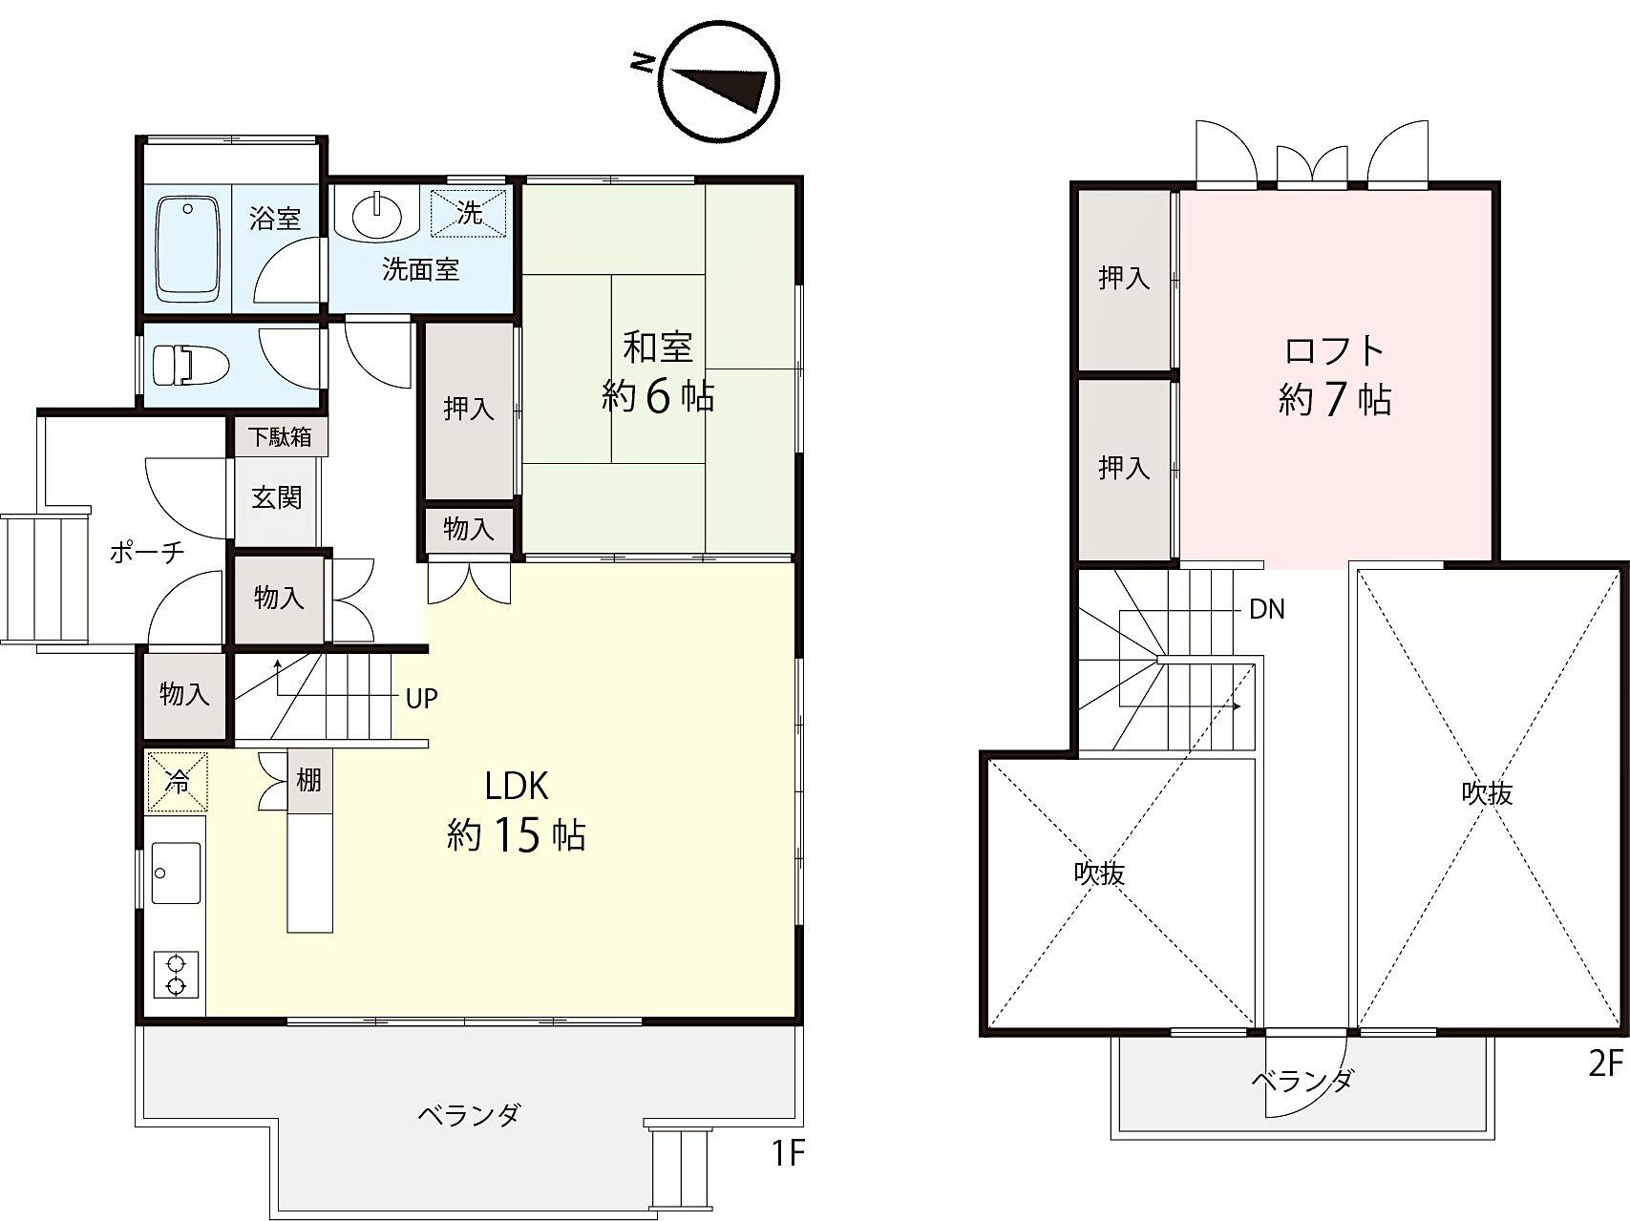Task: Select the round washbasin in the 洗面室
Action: (x=379, y=215)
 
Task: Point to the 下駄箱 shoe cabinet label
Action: (x=279, y=437)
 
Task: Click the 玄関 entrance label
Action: (x=277, y=497)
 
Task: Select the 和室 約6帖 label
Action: (x=658, y=371)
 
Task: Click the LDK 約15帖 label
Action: (x=516, y=811)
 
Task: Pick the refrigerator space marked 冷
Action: (x=177, y=782)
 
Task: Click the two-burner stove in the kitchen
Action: (x=176, y=975)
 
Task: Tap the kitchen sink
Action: (x=177, y=873)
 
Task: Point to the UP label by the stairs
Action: (x=421, y=699)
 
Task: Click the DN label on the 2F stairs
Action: (x=1267, y=609)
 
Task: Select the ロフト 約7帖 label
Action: (x=1334, y=375)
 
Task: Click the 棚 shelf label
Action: (x=307, y=781)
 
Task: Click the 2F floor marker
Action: (x=1606, y=1063)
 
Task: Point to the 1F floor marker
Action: (x=789, y=1154)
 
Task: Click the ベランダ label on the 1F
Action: (x=470, y=1114)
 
